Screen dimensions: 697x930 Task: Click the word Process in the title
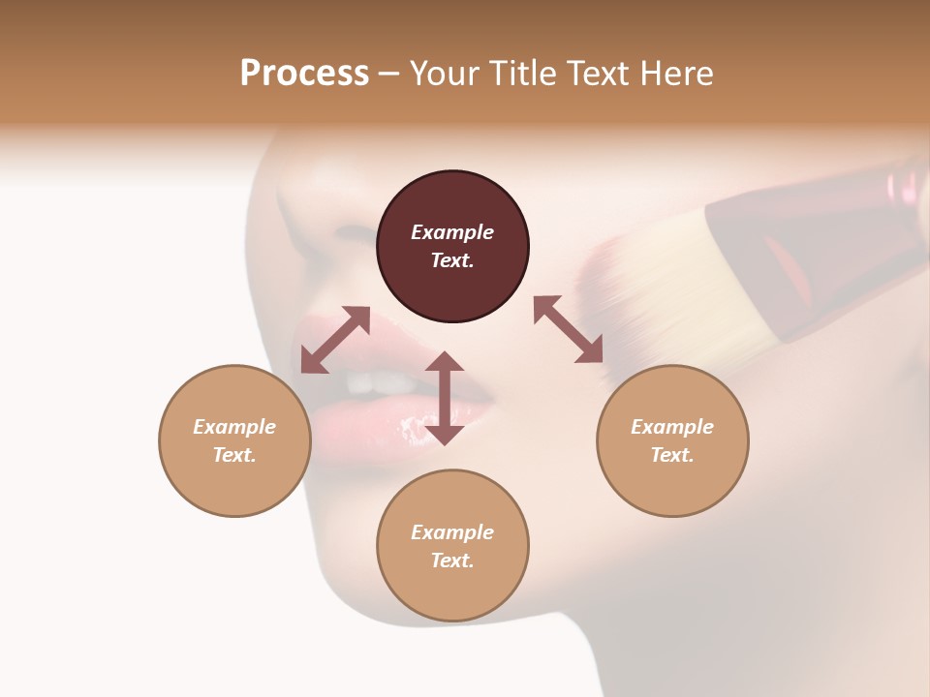coord(304,74)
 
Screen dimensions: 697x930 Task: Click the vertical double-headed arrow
coord(445,398)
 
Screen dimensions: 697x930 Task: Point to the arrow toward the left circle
coord(335,340)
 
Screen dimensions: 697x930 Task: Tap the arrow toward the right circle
coord(569,329)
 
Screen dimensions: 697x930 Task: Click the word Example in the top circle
coord(452,232)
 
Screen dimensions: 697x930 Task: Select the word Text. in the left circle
coord(234,455)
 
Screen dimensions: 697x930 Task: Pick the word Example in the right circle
coord(672,427)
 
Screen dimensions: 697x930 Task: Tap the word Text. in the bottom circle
coord(452,561)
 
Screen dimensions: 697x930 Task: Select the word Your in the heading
coord(440,74)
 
